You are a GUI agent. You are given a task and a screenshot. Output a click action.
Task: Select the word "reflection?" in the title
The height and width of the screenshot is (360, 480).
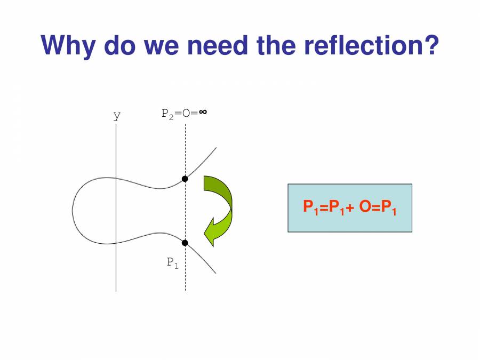click(x=372, y=46)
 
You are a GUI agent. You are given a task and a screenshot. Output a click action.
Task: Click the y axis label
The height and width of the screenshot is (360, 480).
click(x=117, y=116)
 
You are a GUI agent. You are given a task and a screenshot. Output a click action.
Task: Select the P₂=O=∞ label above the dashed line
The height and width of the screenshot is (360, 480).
click(x=184, y=113)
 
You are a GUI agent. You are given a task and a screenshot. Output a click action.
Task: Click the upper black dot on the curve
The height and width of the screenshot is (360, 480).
click(x=185, y=179)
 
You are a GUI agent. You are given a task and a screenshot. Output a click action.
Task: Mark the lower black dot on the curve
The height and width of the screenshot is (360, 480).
click(x=185, y=243)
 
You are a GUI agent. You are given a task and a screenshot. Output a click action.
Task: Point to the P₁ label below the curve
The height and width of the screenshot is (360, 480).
click(x=172, y=262)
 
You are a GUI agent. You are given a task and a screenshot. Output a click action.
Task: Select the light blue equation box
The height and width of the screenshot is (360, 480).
click(x=350, y=208)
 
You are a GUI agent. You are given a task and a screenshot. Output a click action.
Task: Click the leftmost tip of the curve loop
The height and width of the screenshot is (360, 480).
click(x=73, y=211)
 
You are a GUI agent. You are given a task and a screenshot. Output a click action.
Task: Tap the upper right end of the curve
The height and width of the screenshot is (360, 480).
click(x=216, y=148)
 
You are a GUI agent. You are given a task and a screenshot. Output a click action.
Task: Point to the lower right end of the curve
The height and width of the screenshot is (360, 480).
click(x=215, y=273)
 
